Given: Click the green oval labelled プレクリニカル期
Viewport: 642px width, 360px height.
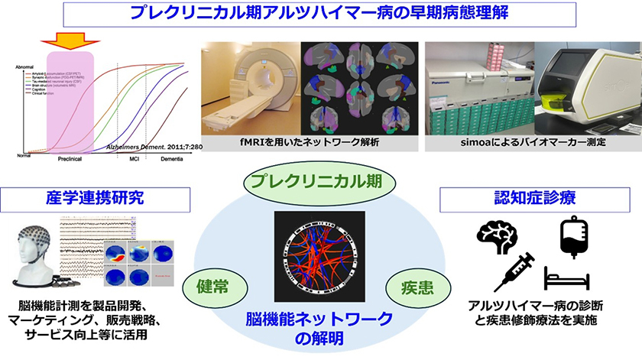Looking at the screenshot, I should (320, 183).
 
